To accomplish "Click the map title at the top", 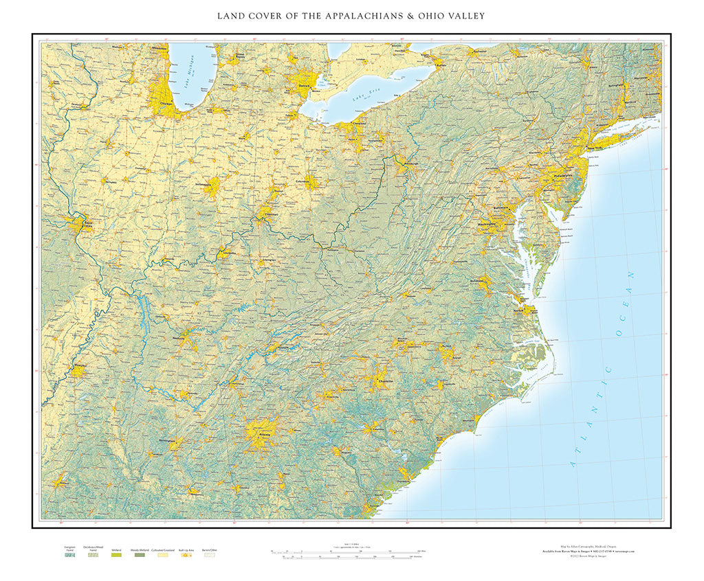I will tap(351, 16).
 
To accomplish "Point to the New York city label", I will tap(596, 148).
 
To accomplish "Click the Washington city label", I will tap(491, 224).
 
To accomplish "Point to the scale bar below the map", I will tap(351, 552).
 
